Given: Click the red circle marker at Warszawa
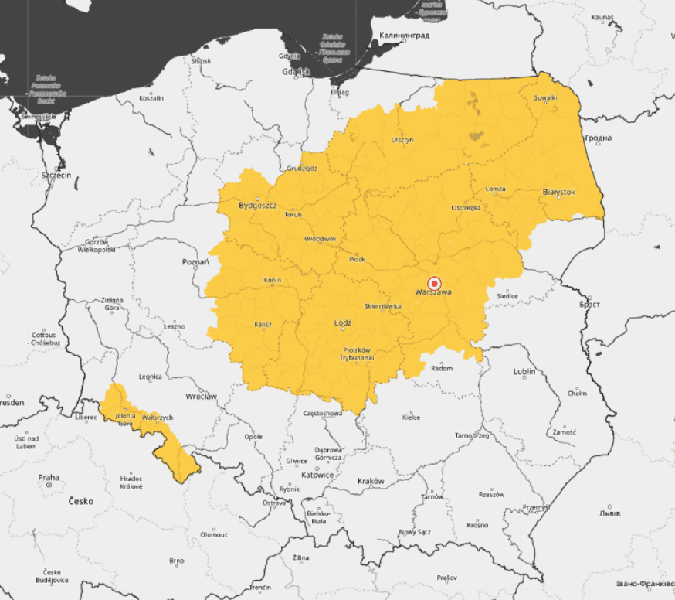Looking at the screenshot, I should click(434, 284).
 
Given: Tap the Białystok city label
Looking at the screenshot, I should click(558, 192).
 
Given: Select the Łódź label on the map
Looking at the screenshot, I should click(343, 322).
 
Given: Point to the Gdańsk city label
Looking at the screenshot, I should click(296, 72).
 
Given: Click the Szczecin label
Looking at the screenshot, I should click(56, 176).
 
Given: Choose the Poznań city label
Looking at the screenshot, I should click(195, 262).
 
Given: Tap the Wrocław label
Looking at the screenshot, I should click(201, 397).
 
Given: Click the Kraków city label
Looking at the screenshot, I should click(371, 481).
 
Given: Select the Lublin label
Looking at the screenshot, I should click(524, 372).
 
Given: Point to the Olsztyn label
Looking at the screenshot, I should click(402, 140).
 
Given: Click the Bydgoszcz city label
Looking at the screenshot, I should click(258, 206).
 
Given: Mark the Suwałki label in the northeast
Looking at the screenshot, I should click(546, 97).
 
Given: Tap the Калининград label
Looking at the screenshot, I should click(404, 36).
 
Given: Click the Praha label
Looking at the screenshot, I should click(49, 478).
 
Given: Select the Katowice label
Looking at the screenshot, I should click(317, 475).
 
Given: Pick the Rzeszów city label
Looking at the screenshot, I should click(491, 494).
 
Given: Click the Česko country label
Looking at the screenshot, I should click(80, 501).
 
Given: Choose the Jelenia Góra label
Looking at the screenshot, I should click(125, 420).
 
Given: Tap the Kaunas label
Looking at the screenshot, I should click(602, 17).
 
